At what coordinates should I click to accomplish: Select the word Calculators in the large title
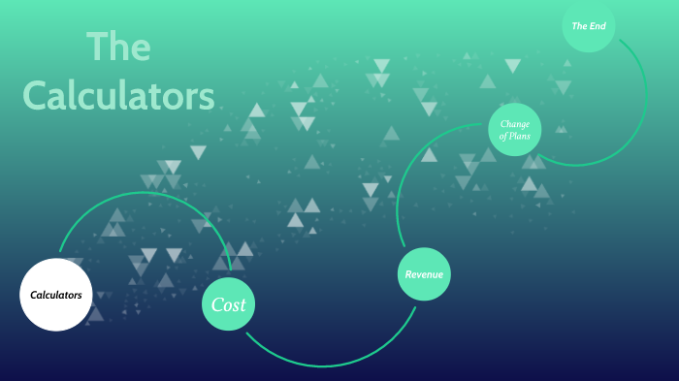[118, 95]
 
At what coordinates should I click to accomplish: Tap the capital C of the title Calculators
[36, 96]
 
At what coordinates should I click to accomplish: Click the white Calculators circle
[56, 294]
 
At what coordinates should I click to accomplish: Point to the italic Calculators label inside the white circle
[56, 294]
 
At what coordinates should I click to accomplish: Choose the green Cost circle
[229, 305]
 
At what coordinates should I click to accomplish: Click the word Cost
[229, 305]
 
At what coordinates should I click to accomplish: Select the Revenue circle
[424, 274]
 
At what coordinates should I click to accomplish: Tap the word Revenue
[424, 274]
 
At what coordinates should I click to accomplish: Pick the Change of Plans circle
[514, 130]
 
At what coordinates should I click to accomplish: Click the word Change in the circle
[514, 123]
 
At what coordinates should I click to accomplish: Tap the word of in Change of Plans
[502, 137]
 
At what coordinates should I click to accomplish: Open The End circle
[589, 26]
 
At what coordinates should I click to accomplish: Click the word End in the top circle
[598, 26]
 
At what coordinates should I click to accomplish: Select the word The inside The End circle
[580, 26]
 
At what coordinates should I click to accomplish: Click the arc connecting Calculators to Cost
[145, 193]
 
